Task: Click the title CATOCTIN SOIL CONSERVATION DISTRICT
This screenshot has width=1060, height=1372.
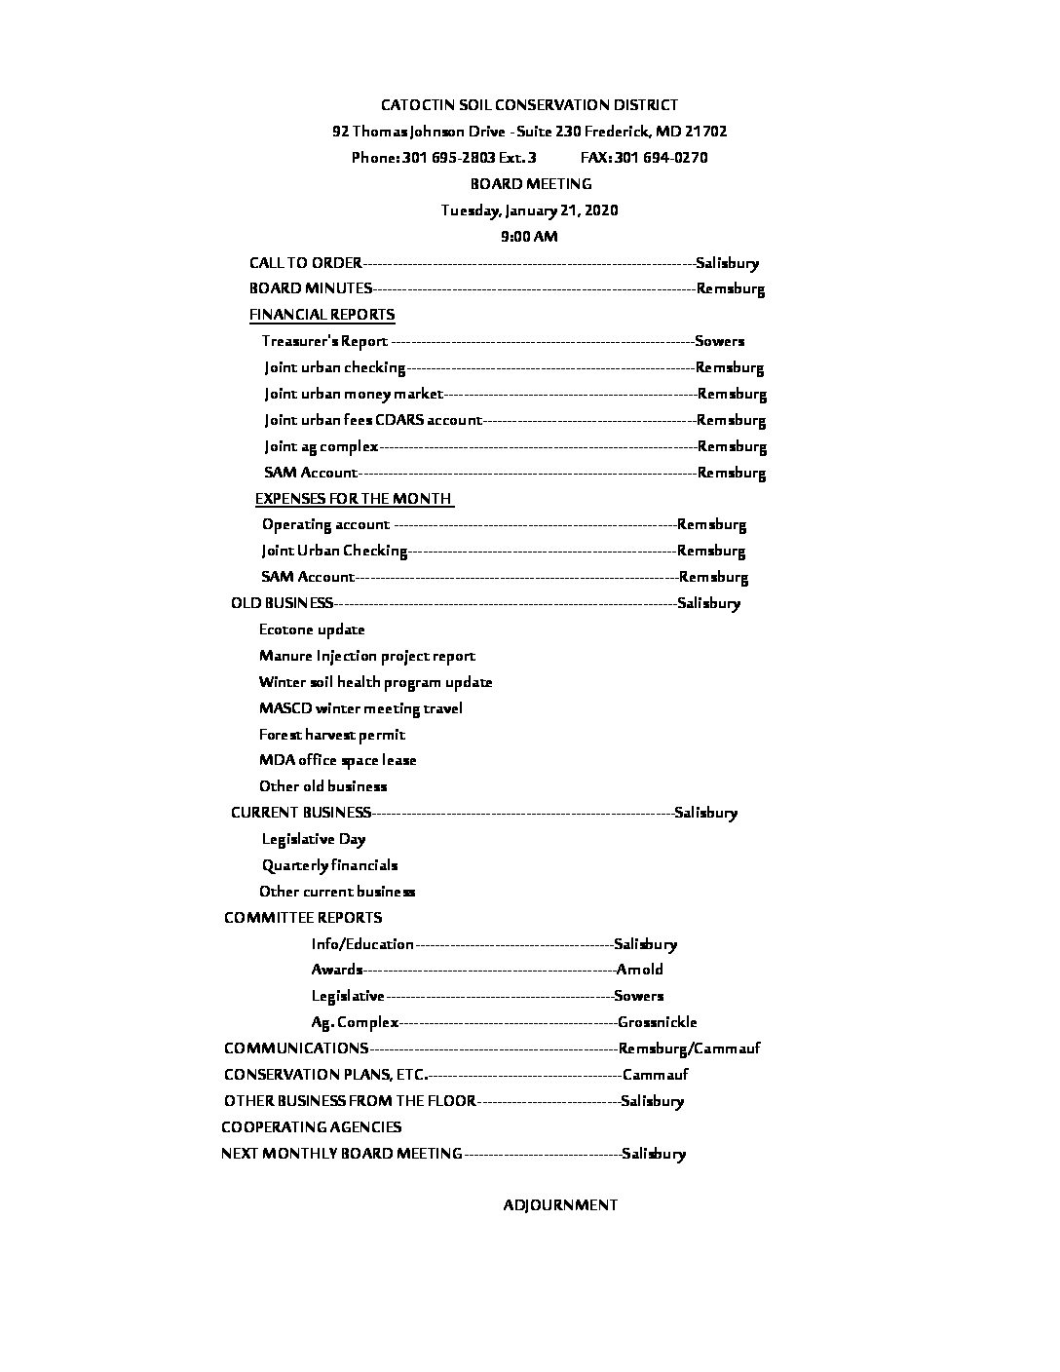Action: tap(529, 105)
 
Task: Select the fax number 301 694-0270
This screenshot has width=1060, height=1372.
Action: tap(661, 158)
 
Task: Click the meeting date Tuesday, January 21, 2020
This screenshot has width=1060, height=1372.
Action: tap(529, 210)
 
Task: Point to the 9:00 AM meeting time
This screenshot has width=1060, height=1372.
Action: tap(529, 237)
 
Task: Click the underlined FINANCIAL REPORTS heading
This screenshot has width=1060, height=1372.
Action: tap(322, 315)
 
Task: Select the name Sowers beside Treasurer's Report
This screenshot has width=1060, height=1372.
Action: tap(719, 341)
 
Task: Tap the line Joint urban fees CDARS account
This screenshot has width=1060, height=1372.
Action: tap(373, 420)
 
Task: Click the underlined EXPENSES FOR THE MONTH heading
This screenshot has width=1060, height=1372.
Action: tap(354, 499)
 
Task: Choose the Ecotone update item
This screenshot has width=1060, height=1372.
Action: tap(312, 629)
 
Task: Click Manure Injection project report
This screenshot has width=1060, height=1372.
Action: tap(367, 656)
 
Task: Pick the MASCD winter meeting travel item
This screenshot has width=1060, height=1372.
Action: tap(360, 708)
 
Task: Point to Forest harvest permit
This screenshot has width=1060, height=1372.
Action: tap(331, 735)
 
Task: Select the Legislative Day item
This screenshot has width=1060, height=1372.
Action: tap(314, 839)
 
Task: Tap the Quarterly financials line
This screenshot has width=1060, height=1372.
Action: tap(329, 865)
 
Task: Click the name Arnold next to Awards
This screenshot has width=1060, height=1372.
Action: tap(639, 970)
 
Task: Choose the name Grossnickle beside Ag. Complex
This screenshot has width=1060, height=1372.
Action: tap(657, 1022)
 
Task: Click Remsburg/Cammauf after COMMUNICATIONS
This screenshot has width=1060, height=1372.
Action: tap(689, 1048)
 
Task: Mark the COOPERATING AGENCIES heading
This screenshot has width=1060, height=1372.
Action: tap(311, 1127)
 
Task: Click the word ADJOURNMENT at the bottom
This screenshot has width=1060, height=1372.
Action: tap(560, 1205)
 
